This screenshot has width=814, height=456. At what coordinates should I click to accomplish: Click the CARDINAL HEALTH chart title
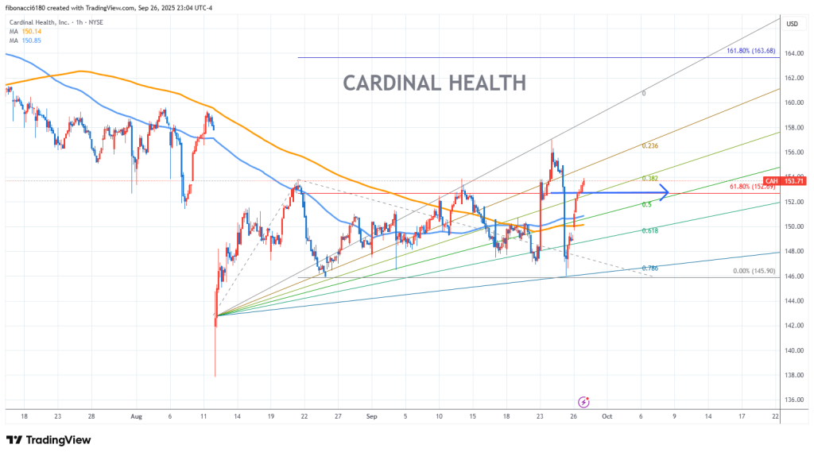tap(434, 83)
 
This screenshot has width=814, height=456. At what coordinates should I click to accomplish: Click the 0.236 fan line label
tap(650, 146)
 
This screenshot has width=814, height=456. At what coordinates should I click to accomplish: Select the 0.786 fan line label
tap(649, 269)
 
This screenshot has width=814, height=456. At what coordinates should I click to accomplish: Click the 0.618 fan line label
tap(649, 230)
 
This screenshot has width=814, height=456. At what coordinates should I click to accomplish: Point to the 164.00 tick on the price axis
tap(791, 53)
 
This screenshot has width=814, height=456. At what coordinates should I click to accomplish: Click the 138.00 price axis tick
tap(791, 375)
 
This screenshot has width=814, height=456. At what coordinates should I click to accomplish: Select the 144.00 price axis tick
tap(791, 301)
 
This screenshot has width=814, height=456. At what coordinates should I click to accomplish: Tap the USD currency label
tap(792, 24)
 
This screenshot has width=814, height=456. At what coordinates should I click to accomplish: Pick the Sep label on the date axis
tap(371, 415)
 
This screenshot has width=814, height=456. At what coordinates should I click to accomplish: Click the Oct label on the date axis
tap(607, 415)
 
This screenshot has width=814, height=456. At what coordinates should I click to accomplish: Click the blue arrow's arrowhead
tap(665, 193)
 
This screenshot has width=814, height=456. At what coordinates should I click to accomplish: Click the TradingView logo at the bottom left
tap(48, 440)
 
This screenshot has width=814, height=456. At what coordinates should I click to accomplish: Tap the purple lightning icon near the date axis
tap(584, 402)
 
